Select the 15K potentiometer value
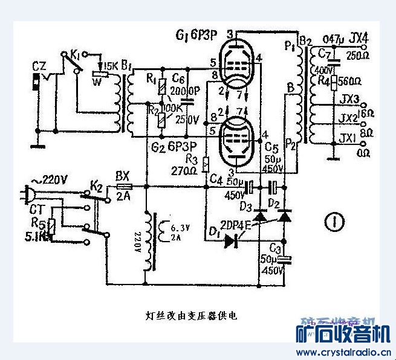coord(112,65)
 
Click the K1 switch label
coord(75,56)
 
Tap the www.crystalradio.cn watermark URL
coord(342,353)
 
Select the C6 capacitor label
coord(178,79)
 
